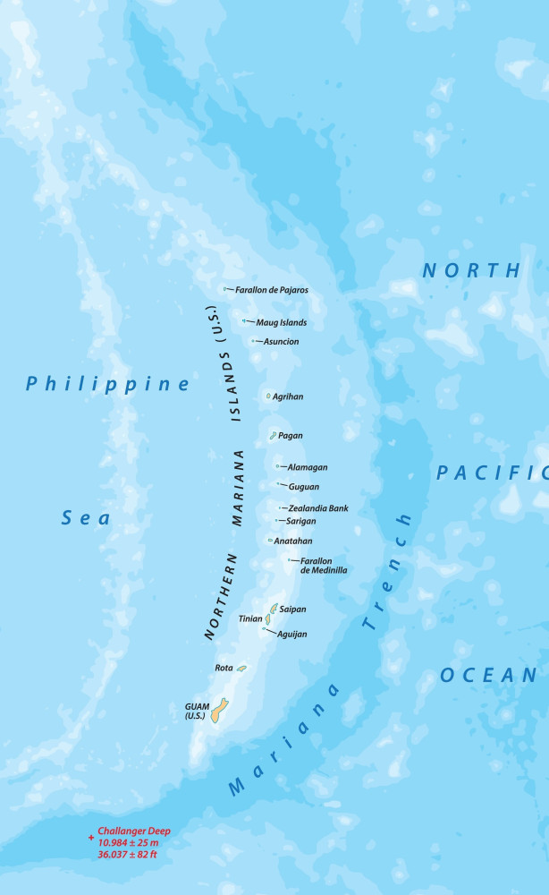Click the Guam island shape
click(219, 712)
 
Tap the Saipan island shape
click(274, 609)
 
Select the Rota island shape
click(241, 668)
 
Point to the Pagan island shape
click(273, 436)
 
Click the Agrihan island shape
click(268, 396)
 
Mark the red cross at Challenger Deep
click(91, 839)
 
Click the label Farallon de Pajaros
click(272, 290)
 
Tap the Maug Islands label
click(282, 322)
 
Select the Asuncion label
click(282, 342)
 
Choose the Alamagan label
click(308, 467)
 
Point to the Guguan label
click(304, 487)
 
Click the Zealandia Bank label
click(318, 508)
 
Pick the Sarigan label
click(301, 521)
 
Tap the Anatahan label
click(293, 541)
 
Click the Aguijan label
click(291, 635)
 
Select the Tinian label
click(250, 618)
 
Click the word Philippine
click(108, 384)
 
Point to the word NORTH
click(471, 270)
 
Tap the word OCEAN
click(487, 676)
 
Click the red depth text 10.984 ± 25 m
click(128, 843)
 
